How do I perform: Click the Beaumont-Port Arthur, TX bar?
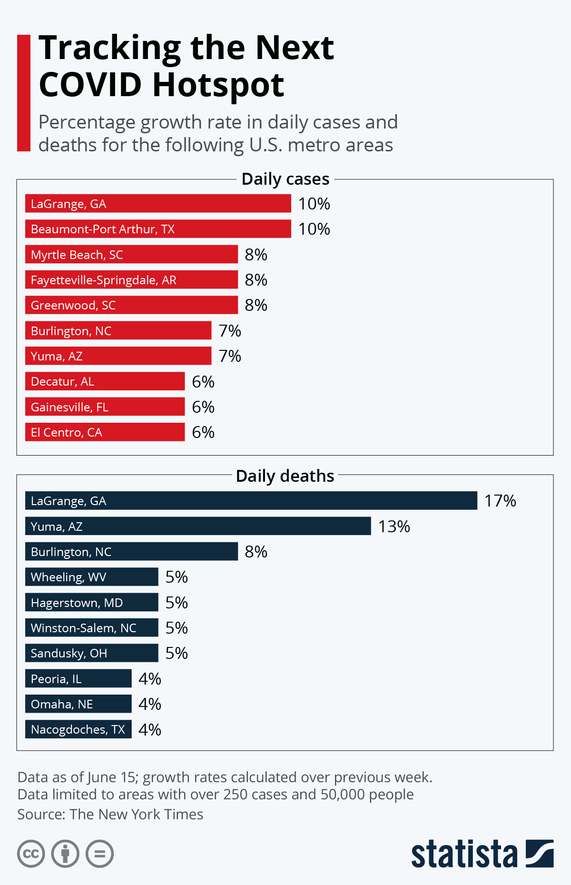pos(158,229)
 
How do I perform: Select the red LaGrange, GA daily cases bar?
pos(158,204)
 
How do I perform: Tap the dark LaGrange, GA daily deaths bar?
pos(251,501)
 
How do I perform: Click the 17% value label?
pos(500,501)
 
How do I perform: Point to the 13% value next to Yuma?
pos(394,527)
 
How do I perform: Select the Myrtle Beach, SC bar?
pos(131,255)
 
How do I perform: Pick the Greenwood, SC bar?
pos(131,305)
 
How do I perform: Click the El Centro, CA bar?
pos(105,432)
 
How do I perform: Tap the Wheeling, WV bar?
pos(91,577)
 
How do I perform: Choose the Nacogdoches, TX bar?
pos(78,729)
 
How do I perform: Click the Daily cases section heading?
pos(285,179)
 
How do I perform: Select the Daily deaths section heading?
pos(285,476)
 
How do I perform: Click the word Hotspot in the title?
pos(218,85)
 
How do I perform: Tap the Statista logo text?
pos(464,854)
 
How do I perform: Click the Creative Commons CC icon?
pos(31,854)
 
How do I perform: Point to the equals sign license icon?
pos(99,854)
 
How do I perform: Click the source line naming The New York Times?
pos(110,815)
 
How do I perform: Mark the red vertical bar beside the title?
pos(23,93)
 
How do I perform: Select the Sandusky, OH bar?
pos(91,653)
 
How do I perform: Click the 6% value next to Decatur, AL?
pos(203,382)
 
